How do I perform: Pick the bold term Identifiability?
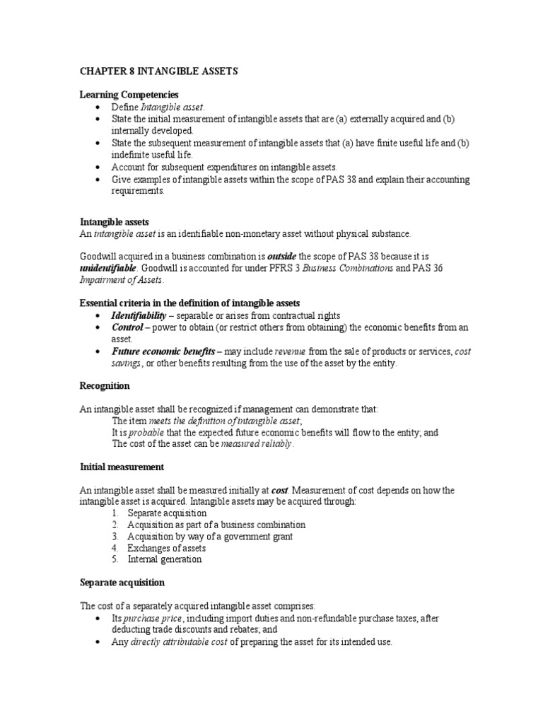coord(139,315)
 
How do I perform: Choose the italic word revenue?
coord(290,351)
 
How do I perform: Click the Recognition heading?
coord(104,386)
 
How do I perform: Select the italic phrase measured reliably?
coord(257,444)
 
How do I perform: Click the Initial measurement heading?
coord(122,467)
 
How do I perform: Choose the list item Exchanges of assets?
coord(167,548)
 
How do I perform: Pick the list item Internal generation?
coord(164,559)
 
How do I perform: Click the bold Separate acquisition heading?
coord(122,583)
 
